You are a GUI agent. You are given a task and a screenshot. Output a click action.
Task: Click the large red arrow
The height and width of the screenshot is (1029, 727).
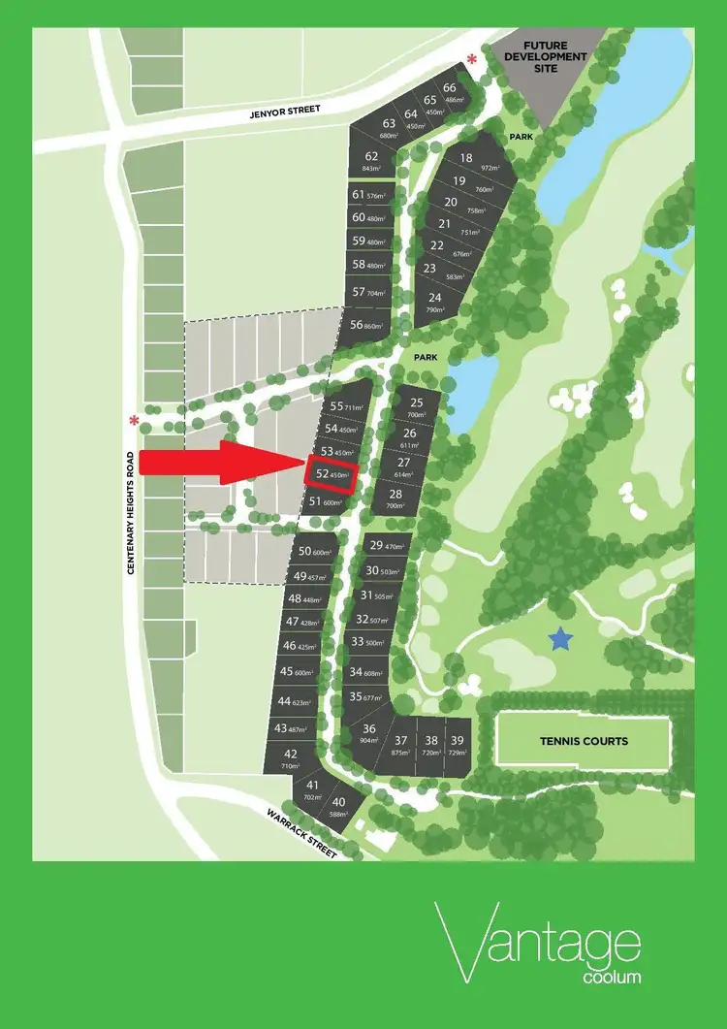218,464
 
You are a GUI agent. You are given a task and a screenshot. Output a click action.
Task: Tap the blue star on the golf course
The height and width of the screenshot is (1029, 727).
560,638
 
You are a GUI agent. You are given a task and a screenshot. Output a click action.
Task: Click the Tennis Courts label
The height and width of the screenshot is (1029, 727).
584,742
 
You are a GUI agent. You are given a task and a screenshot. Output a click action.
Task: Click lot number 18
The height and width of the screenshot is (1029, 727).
467,159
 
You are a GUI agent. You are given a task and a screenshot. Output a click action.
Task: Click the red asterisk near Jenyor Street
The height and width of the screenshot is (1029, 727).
472,60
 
